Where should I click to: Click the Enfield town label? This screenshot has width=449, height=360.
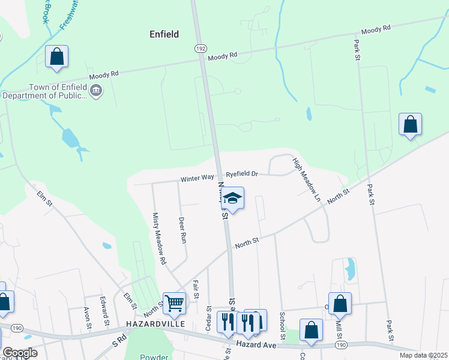[x=164, y=34]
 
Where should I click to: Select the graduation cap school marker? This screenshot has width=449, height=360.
[x=233, y=198]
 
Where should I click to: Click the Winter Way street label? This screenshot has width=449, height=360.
[x=197, y=178]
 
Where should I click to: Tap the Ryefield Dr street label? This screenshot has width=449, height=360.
[x=241, y=174]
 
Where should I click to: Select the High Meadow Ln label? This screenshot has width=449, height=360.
[x=307, y=179]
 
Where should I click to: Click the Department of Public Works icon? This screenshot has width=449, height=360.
[x=96, y=91]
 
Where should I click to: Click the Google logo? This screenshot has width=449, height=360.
[x=19, y=353]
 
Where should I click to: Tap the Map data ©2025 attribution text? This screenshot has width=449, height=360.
[x=423, y=355]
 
